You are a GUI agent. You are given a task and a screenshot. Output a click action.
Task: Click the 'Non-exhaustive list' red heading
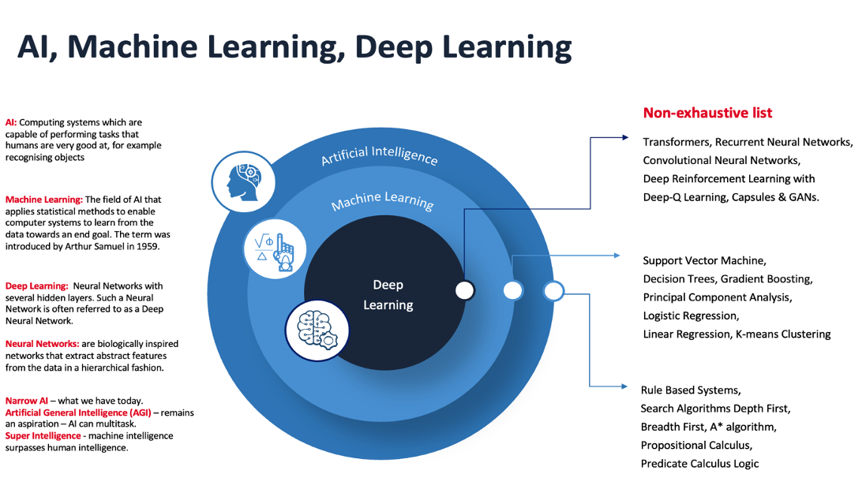[707, 113]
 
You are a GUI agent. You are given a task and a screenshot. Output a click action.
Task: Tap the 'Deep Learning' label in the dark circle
[388, 294]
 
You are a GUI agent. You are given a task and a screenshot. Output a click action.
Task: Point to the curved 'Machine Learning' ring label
[382, 200]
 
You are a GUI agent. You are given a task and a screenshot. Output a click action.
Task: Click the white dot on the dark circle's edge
[465, 290]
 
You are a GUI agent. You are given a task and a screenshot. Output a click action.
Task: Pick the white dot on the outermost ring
[554, 291]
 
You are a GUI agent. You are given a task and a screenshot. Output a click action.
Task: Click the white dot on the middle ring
[513, 290]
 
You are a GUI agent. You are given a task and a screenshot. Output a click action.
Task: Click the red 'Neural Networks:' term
[42, 344]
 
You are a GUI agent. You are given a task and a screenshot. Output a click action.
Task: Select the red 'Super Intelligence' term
[43, 435]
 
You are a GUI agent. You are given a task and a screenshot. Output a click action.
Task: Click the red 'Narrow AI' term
[28, 401]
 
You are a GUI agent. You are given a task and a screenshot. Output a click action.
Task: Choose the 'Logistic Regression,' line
[691, 315]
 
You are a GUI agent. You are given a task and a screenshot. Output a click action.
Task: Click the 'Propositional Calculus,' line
[696, 445]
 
